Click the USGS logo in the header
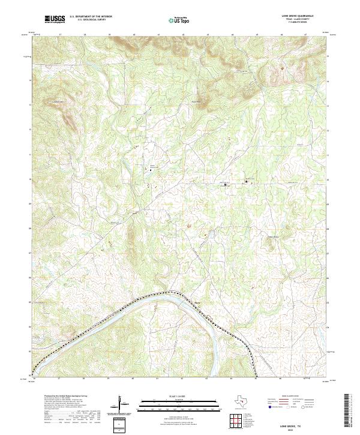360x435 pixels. pos(55,19)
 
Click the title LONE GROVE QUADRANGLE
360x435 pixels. pos(296,16)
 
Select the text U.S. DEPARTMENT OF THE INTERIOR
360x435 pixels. pos(91,16)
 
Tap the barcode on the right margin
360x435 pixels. pos(349,413)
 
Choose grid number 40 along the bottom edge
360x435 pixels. pos(133,379)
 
